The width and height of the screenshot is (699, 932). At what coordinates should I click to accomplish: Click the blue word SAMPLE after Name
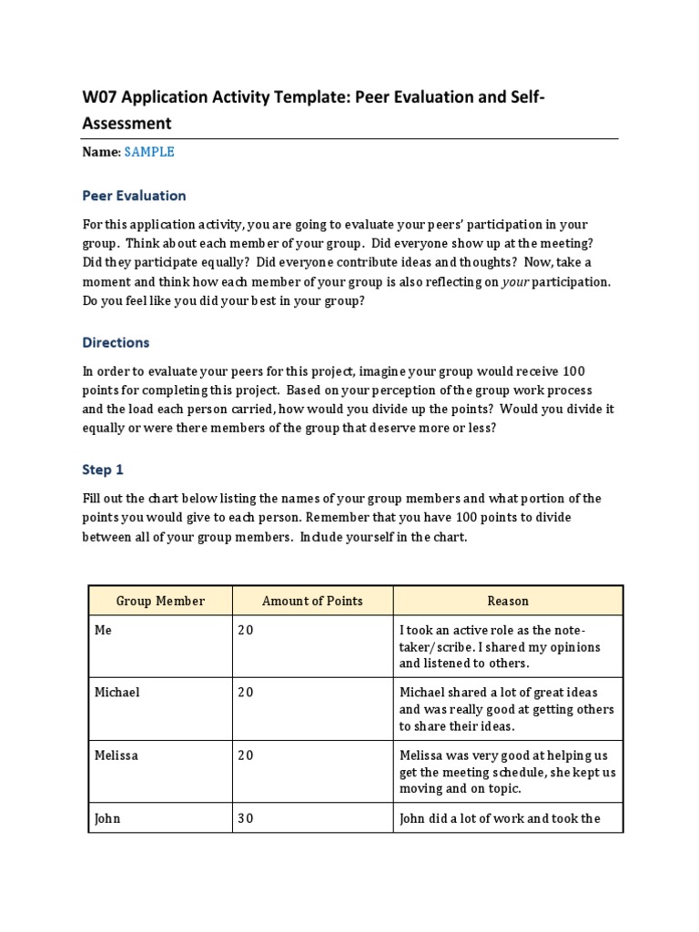coord(149,152)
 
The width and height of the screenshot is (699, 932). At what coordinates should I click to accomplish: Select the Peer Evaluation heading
coord(134,196)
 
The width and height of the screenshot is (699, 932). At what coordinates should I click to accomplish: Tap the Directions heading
coord(116,343)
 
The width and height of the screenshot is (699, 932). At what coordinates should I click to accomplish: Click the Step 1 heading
coord(102,470)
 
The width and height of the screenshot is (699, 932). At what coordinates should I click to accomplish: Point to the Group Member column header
coord(160,601)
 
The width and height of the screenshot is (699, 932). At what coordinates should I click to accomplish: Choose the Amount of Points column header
coord(312,601)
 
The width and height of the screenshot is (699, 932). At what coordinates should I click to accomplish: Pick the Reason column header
coord(508,601)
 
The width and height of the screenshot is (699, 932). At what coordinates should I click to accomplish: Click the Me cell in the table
coord(103,631)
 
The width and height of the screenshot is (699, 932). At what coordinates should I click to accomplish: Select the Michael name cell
coord(117,693)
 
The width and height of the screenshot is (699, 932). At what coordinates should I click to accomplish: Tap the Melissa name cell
coord(116,755)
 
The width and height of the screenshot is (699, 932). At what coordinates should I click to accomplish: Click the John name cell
coord(107,818)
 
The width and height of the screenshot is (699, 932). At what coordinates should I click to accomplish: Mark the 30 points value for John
coord(245,818)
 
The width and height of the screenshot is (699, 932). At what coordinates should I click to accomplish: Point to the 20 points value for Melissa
coord(245,755)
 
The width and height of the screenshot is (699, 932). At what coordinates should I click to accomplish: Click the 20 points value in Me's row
coord(245,631)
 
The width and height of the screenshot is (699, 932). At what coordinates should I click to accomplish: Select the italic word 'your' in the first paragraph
coord(515,282)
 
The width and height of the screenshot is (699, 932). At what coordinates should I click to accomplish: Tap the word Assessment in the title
coord(127,123)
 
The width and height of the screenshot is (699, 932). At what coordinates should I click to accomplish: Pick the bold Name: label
coord(101,152)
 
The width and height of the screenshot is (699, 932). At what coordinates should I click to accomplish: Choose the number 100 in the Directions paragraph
coord(575,371)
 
